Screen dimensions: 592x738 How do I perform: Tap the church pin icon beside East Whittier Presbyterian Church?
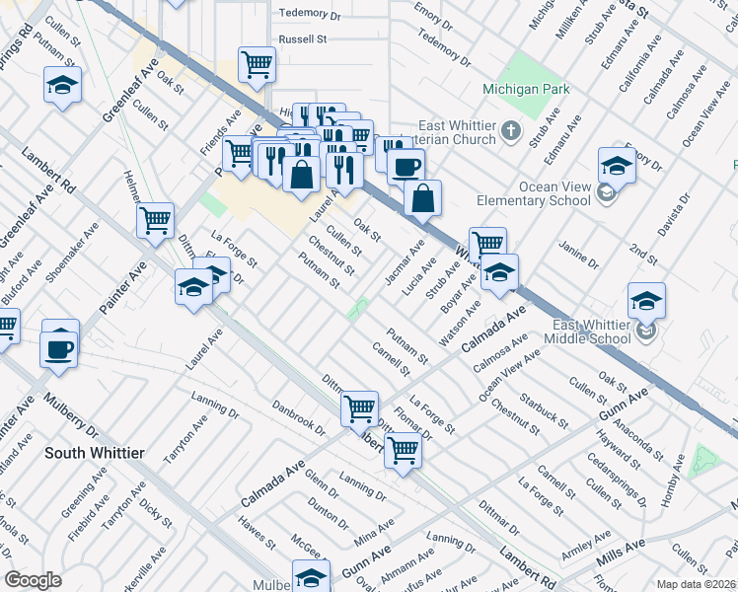pyautogui.click(x=510, y=130)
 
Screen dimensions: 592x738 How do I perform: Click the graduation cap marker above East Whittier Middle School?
pyautogui.click(x=646, y=300)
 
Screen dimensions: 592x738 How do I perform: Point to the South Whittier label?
pyautogui.click(x=95, y=453)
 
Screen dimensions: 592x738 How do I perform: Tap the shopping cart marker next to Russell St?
pyautogui.click(x=257, y=65)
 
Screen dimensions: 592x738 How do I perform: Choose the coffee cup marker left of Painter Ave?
pyautogui.click(x=59, y=348)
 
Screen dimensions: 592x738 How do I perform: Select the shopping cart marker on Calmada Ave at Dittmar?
pyautogui.click(x=360, y=407)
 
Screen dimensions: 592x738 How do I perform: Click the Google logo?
pyautogui.click(x=33, y=580)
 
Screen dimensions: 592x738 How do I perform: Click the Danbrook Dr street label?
pyautogui.click(x=299, y=418)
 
